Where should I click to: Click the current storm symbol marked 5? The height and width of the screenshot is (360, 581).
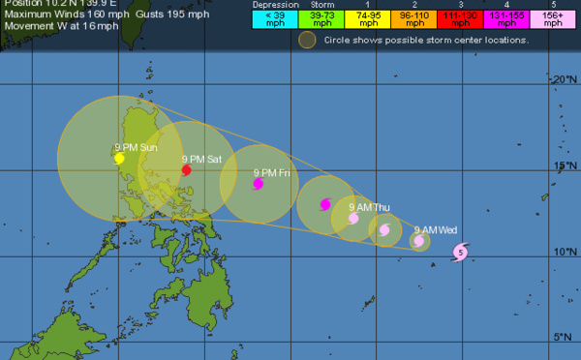point(461,253)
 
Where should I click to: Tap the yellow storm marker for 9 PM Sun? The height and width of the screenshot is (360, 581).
point(119,159)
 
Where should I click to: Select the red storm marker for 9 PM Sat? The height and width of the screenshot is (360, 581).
point(186,169)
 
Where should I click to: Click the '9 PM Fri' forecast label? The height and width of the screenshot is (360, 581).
point(271,172)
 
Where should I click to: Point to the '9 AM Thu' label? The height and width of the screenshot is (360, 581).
point(368,207)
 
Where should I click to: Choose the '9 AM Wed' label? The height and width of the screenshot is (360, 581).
point(435,230)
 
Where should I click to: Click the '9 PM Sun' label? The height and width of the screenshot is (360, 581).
point(136,147)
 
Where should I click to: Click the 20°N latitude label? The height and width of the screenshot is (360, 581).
point(564,79)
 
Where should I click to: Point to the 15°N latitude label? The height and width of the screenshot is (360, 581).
point(564,165)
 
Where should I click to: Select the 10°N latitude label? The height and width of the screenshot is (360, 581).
point(564,252)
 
